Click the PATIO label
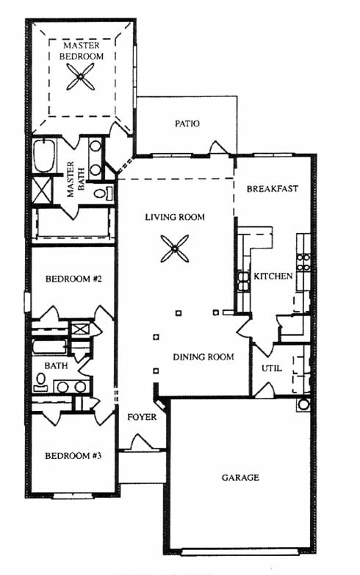coord(187,124)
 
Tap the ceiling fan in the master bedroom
coord(81,76)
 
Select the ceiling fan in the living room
coord(175,249)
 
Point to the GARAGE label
coord(240,477)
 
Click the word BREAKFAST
coord(272,189)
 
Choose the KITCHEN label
coord(273,276)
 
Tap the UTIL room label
coord(272,368)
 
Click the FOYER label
coord(142,417)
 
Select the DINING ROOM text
coord(204,357)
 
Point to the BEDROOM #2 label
coord(73,279)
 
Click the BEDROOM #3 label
coord(73,456)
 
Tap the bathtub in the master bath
coord(44,155)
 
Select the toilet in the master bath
coord(103,193)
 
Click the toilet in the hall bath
coord(40,382)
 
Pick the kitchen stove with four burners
coord(303,262)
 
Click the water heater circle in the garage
coord(303,404)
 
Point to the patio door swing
coord(219,148)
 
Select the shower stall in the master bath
coord(42,190)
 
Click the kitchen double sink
coord(242,281)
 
